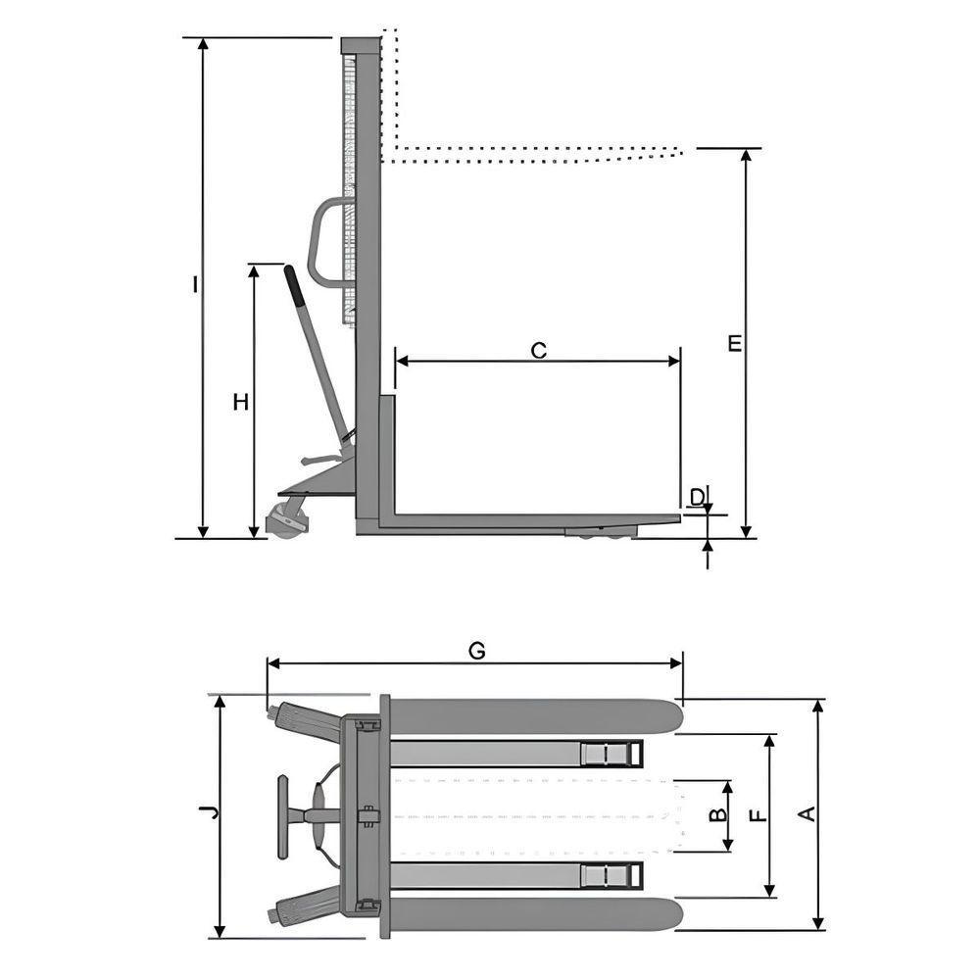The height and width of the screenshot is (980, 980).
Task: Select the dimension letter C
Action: pyautogui.click(x=538, y=350)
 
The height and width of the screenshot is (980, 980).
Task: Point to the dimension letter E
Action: pyautogui.click(x=735, y=343)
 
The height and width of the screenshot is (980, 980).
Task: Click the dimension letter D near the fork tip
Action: pyautogui.click(x=697, y=497)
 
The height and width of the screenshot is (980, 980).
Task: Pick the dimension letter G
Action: pyautogui.click(x=476, y=651)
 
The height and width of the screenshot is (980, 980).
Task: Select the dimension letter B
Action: pyautogui.click(x=716, y=814)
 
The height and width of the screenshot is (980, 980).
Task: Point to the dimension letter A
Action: pyautogui.click(x=808, y=812)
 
